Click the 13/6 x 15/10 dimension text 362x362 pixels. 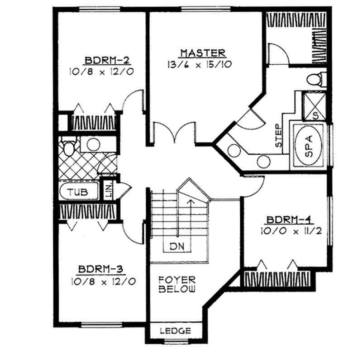(200, 64)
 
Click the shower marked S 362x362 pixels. (315, 105)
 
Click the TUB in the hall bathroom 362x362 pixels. (78, 192)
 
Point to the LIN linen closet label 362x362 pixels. (109, 190)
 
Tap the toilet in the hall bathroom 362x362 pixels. (69, 148)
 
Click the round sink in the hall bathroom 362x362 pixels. (93, 145)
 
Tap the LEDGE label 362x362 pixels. (176, 331)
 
